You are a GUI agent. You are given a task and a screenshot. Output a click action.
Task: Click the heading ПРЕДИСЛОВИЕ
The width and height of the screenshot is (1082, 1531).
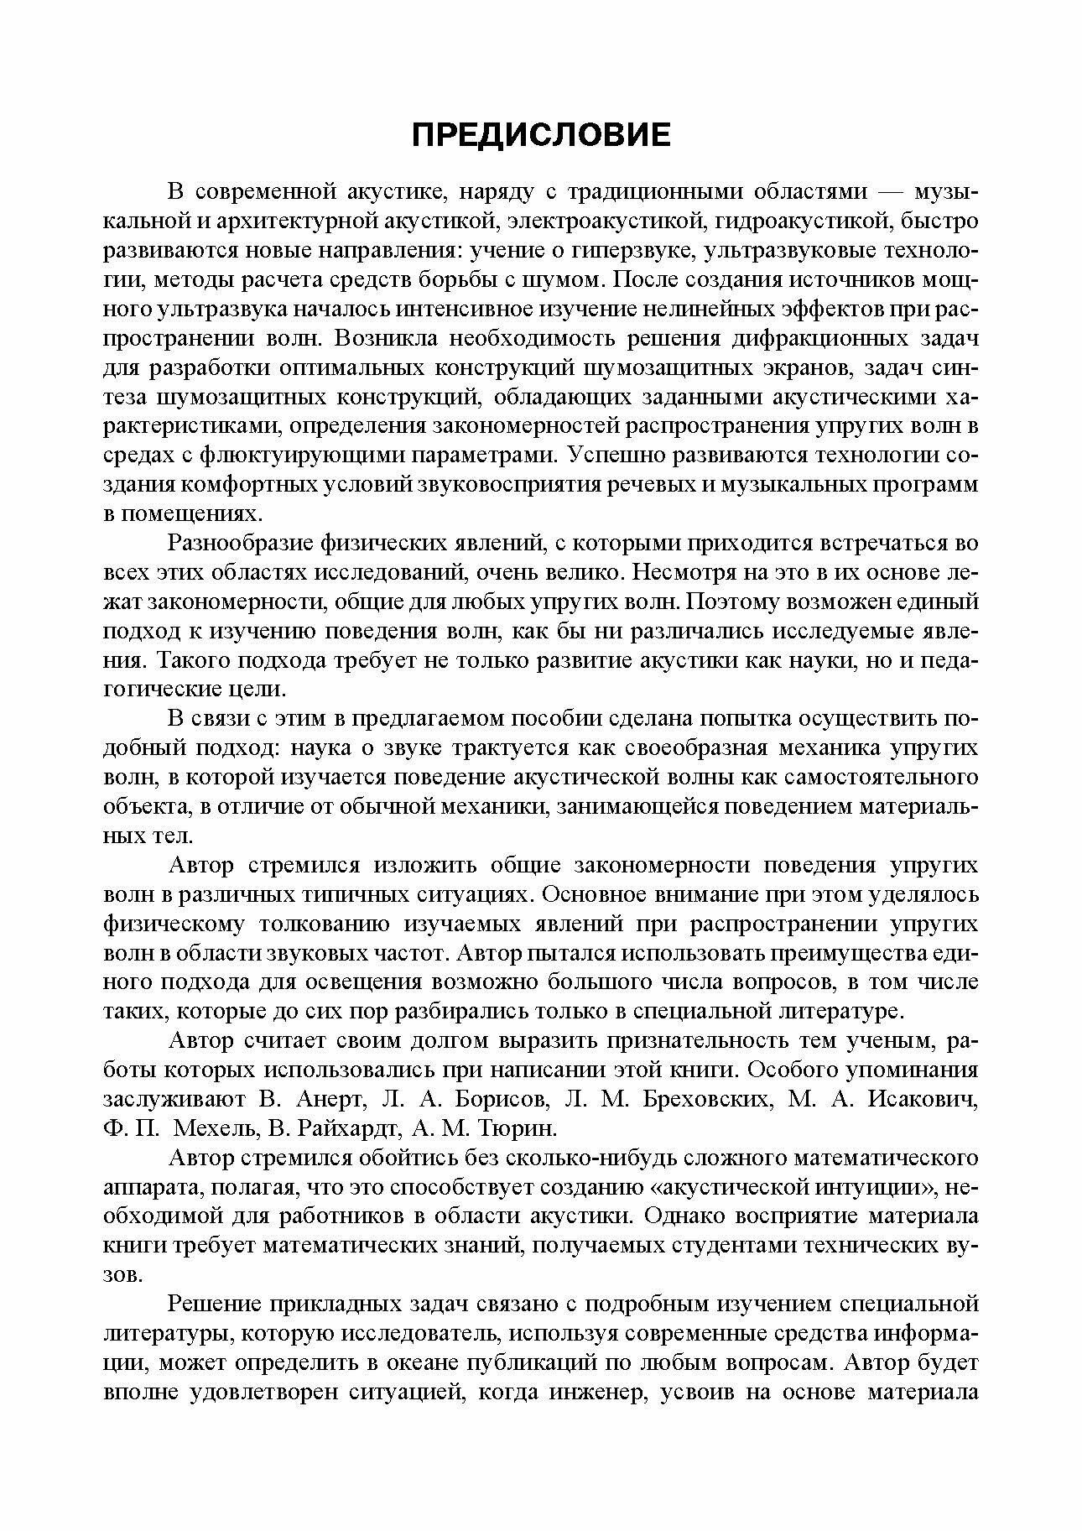[541, 134]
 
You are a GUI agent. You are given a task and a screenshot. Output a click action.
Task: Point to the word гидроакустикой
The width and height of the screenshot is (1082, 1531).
[799, 221]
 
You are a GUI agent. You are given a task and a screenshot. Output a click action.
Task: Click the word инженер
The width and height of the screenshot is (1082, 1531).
[597, 1392]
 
